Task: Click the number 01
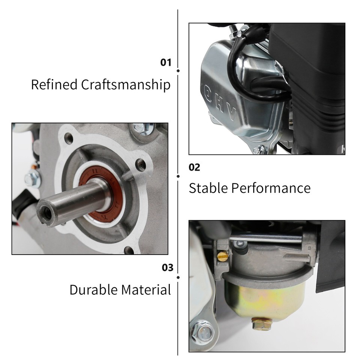(x=166, y=62)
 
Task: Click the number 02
(x=194, y=167)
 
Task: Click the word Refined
(x=54, y=84)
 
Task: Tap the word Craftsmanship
(x=126, y=85)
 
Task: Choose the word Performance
(x=270, y=188)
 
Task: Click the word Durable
(x=94, y=290)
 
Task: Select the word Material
(x=146, y=290)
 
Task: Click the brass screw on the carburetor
(x=222, y=256)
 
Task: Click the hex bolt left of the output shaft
(x=33, y=179)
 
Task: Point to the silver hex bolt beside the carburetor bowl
(x=201, y=332)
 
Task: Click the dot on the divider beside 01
(x=178, y=70)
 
